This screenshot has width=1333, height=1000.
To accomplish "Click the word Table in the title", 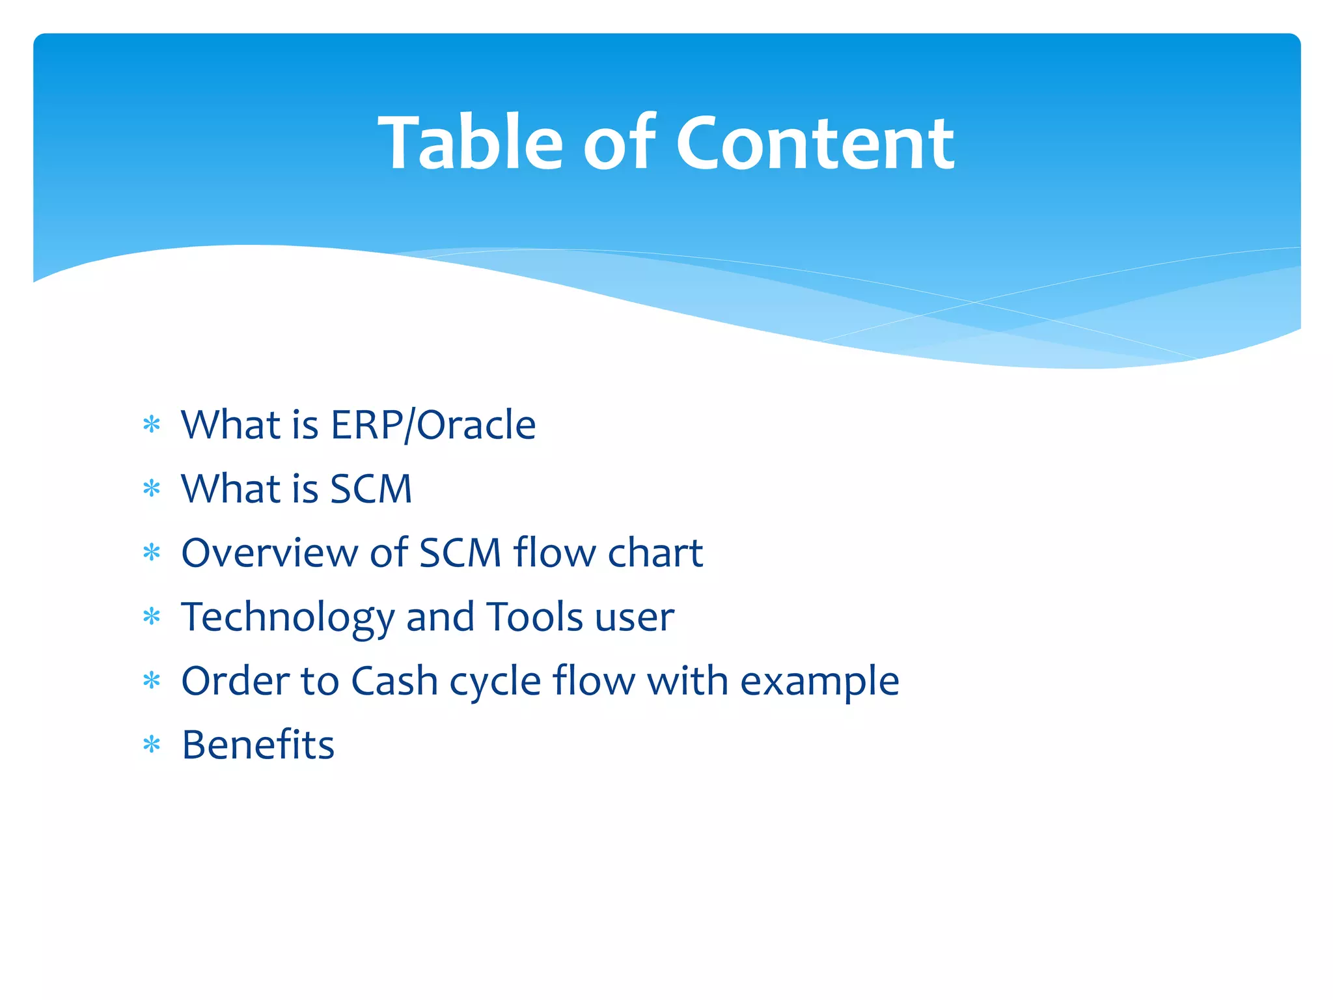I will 470,143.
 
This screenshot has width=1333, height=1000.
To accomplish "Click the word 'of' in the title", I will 619,143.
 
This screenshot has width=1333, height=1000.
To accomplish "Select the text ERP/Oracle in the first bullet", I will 433,425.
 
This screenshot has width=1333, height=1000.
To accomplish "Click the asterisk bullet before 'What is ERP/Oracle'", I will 152,425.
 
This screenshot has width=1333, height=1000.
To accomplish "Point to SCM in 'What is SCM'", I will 371,489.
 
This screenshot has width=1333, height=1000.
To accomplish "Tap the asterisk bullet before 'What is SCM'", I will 152,488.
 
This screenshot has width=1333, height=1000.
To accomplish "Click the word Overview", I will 269,553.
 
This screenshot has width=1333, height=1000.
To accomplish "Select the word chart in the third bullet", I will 655,553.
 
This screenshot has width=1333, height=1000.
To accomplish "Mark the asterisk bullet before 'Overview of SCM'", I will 152,553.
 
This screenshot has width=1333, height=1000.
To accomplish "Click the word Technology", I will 288,617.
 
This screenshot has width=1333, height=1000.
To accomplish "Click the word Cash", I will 394,681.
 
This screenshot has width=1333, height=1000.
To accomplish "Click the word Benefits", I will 258,745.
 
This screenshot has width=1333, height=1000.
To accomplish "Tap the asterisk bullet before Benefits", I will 152,744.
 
